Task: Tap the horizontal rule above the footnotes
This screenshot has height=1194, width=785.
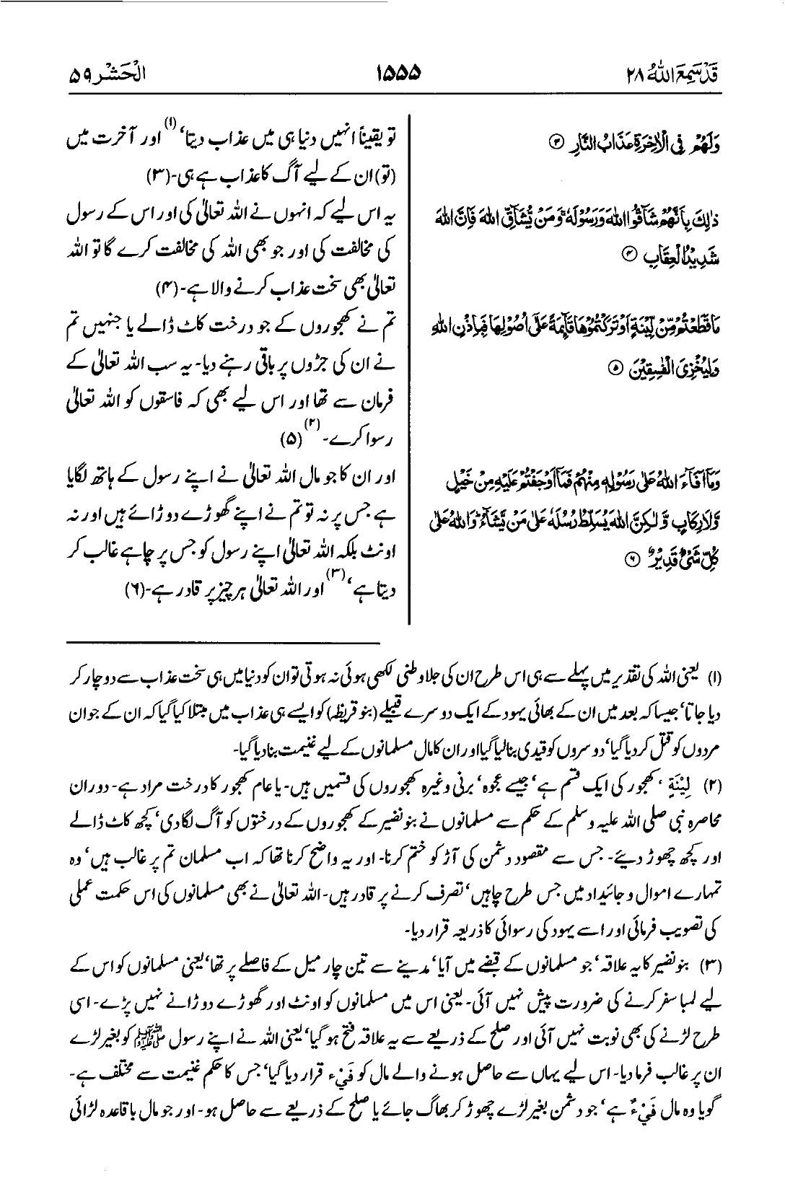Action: [x=224, y=640]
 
